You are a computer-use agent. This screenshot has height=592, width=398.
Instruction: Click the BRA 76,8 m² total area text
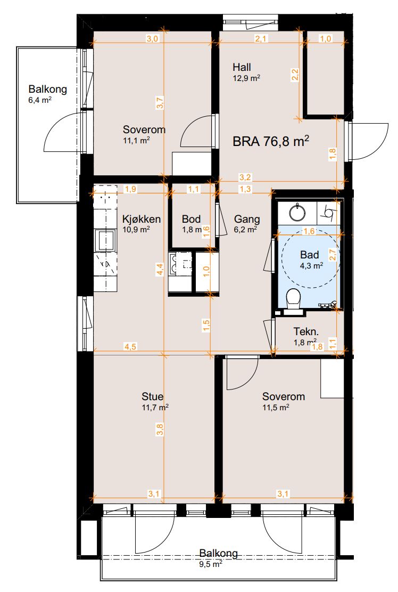coord(271,141)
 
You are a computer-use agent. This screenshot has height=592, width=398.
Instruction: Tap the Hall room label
coord(242,67)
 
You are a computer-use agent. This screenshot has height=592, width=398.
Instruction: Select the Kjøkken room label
coord(142,219)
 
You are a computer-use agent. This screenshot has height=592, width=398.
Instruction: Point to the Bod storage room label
coord(191,219)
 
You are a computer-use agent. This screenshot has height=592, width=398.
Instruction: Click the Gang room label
coord(247,219)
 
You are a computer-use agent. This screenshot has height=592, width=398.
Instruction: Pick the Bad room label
coord(310,255)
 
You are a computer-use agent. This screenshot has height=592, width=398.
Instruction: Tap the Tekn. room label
coord(306,331)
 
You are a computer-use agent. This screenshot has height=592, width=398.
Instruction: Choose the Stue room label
coord(152,396)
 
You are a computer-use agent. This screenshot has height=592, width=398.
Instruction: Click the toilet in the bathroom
coord(293,302)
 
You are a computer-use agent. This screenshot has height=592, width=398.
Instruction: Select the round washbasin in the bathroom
coord(298,212)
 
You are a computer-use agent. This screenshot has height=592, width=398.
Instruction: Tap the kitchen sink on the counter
coord(105,240)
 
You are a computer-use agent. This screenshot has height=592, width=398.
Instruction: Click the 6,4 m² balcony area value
coord(40,100)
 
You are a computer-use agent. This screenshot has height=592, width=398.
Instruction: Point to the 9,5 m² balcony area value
coord(211,564)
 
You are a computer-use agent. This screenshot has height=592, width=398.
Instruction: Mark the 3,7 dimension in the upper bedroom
coord(160,103)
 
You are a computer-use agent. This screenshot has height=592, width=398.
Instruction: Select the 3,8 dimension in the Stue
coord(160,429)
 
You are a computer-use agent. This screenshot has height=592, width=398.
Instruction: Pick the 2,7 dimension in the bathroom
coord(332,255)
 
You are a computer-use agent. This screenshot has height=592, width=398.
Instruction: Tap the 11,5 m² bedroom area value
coord(276,408)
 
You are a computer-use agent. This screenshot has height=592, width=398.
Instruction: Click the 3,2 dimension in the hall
coord(245,177)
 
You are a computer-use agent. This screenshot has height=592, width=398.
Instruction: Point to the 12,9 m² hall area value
coord(247,78)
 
